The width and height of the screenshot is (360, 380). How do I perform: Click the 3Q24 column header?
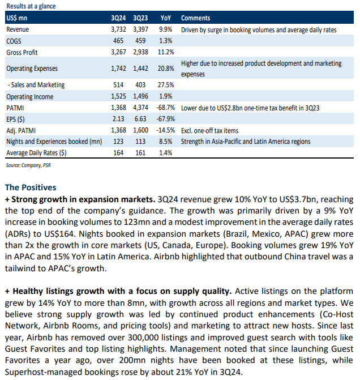coord(118,18)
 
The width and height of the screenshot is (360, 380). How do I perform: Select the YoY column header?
coord(166,18)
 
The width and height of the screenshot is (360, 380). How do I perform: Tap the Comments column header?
coord(195,18)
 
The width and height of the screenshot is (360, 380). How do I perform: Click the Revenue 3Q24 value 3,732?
coord(118,29)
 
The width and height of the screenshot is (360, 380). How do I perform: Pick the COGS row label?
coord(14,41)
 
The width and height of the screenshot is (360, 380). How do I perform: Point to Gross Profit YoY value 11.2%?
coord(166,52)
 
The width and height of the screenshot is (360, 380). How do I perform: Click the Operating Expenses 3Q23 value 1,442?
coord(140,69)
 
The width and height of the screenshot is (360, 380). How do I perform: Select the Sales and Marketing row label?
coord(36,85)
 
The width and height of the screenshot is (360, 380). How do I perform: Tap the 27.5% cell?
coord(166,85)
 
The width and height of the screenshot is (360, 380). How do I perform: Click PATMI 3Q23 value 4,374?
coord(140,108)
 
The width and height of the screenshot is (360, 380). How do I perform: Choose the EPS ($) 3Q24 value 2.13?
coord(118,119)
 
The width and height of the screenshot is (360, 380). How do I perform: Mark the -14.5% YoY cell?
coord(165,130)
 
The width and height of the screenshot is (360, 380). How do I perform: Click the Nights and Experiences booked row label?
coord(54,142)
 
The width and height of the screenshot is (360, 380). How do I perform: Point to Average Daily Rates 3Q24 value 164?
coord(118,153)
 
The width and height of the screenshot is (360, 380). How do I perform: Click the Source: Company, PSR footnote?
coord(28,165)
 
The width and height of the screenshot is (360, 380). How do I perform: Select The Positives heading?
coord(31,187)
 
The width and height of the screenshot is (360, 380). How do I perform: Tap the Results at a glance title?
coord(31,6)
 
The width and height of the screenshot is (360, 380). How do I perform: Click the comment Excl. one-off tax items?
coord(209,131)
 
